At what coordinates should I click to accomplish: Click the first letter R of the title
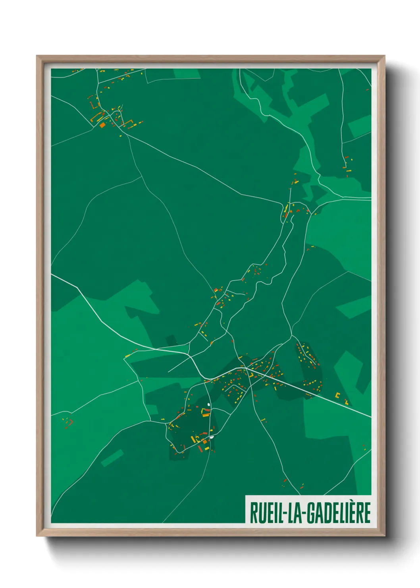pyautogui.click(x=253, y=513)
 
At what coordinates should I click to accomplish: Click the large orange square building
pyautogui.click(x=102, y=125)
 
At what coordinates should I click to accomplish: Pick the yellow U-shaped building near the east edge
pyautogui.click(x=338, y=395)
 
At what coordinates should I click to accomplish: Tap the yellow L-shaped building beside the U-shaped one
pyautogui.click(x=347, y=402)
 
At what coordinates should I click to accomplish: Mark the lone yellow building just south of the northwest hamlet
pyautogui.click(x=121, y=136)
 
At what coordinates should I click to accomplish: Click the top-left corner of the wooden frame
pyautogui.click(x=37, y=56)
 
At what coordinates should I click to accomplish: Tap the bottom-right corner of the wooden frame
pyautogui.click(x=384, y=536)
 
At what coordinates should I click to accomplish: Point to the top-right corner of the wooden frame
pyautogui.click(x=384, y=56)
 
